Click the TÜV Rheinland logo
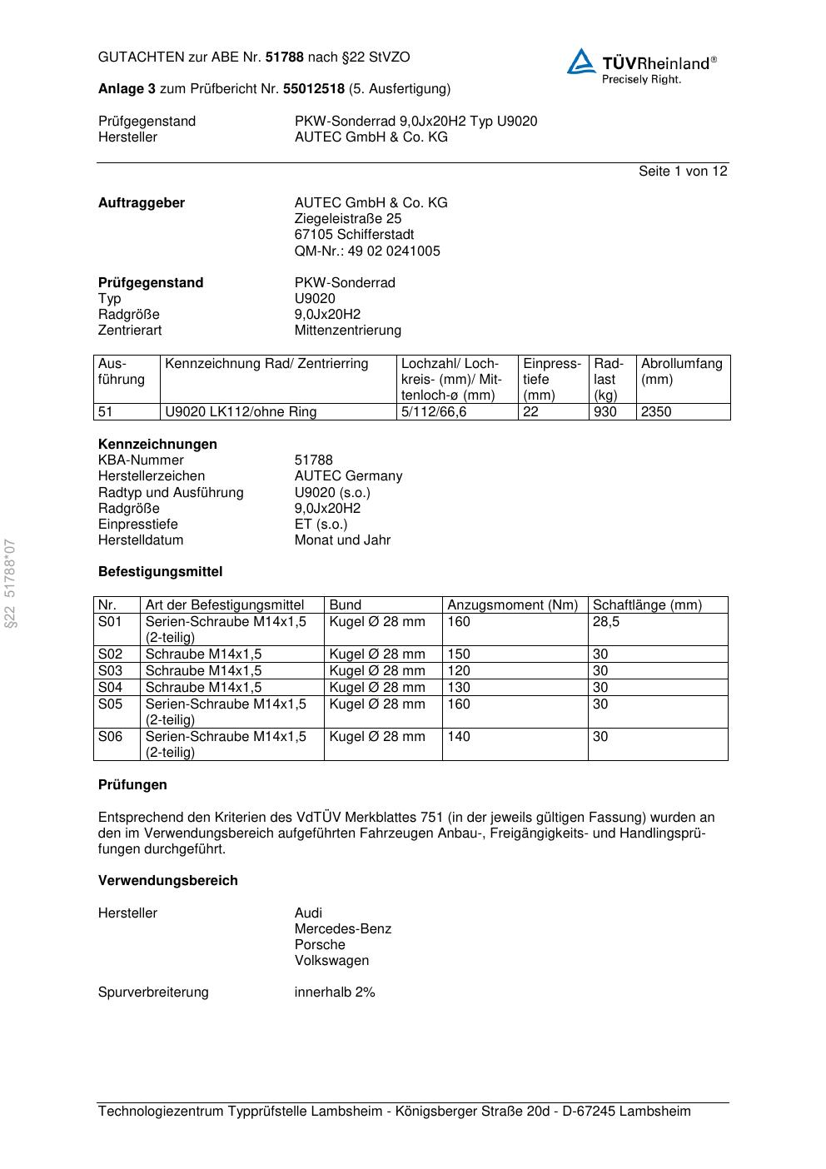tap(641, 66)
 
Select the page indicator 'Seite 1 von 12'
tap(683, 172)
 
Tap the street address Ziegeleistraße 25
tap(347, 219)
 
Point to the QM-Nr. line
tap(367, 251)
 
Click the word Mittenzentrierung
tap(347, 331)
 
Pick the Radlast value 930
tap(605, 412)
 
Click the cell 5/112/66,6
tap(434, 412)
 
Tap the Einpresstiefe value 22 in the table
tap(531, 412)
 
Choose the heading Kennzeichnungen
tap(157, 445)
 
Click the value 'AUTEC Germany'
tap(348, 476)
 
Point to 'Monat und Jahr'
tap(342, 540)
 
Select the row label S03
tap(110, 671)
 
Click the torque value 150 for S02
tap(459, 654)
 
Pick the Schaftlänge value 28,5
tap(606, 622)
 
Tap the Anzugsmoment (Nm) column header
tap(512, 605)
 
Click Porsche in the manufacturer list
tap(320, 945)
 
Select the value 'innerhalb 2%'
tap(335, 992)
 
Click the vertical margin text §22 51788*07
tap(11, 584)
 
